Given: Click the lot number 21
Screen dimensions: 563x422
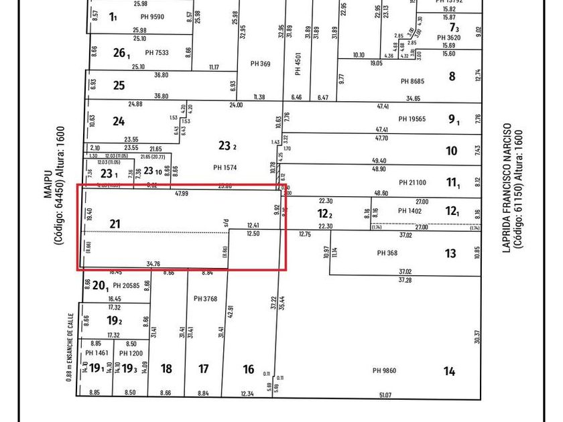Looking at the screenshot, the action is [115, 224].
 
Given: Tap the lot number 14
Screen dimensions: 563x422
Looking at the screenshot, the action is [449, 371].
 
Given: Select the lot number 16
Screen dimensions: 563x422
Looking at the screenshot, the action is [249, 369].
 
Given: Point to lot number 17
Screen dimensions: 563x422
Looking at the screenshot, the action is [204, 369].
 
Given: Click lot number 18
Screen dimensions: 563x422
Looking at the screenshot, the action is [167, 369].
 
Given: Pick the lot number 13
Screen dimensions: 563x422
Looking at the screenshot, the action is [450, 253].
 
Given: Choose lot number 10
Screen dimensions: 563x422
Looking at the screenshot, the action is [452, 151].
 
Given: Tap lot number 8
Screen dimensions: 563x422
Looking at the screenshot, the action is [452, 77].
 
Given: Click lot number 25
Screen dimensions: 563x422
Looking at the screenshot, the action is [119, 85].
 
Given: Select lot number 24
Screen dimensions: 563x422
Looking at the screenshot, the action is [119, 122].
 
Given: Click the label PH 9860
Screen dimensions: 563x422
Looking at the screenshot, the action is [385, 370].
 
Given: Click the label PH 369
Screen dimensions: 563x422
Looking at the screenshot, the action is [260, 64].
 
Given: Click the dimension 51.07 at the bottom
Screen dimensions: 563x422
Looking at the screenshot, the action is [385, 395].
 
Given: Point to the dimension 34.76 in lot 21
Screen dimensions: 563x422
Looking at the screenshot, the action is [152, 265].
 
